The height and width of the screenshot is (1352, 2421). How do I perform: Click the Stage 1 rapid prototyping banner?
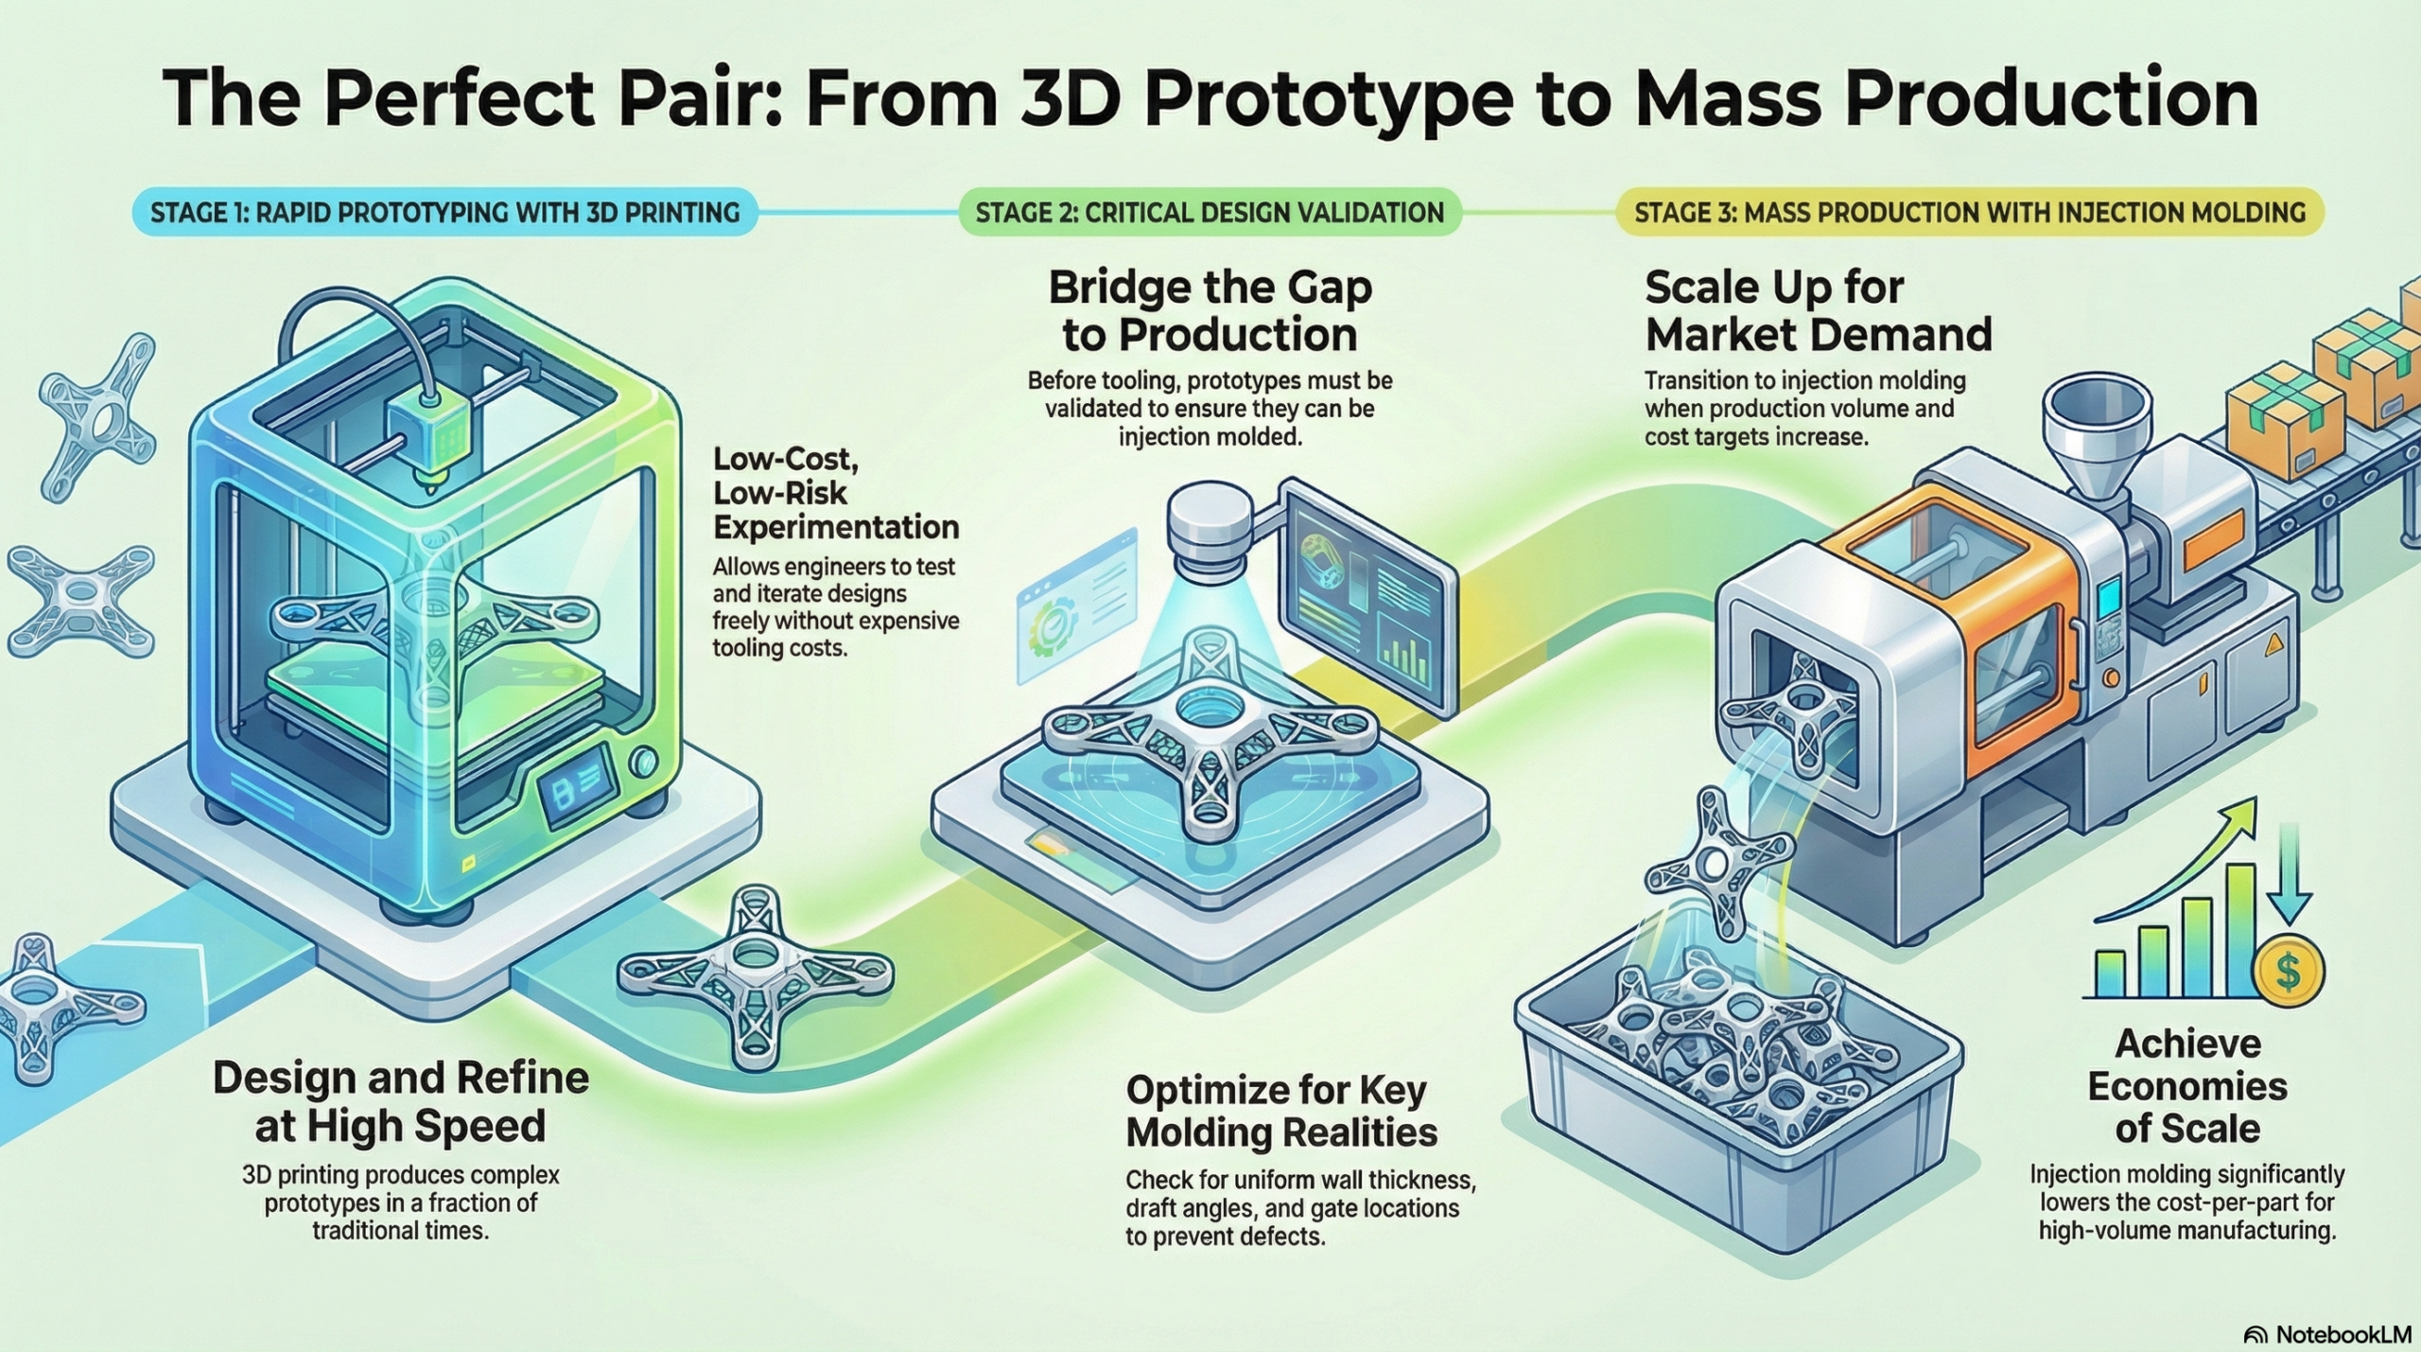coord(444,212)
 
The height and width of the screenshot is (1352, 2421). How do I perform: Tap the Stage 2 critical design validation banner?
coord(1210,212)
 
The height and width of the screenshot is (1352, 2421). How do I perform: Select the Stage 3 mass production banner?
coord(1970,212)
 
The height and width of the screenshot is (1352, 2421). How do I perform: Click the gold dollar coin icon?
coord(2289,971)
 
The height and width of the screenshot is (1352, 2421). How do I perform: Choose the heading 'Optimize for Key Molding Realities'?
coord(1281,1111)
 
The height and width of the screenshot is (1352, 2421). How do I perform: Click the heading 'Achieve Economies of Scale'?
coord(2187,1085)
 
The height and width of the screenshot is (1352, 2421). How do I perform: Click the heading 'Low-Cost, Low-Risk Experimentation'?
coord(835,493)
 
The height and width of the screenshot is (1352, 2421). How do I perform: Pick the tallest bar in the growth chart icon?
coord(2239,931)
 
